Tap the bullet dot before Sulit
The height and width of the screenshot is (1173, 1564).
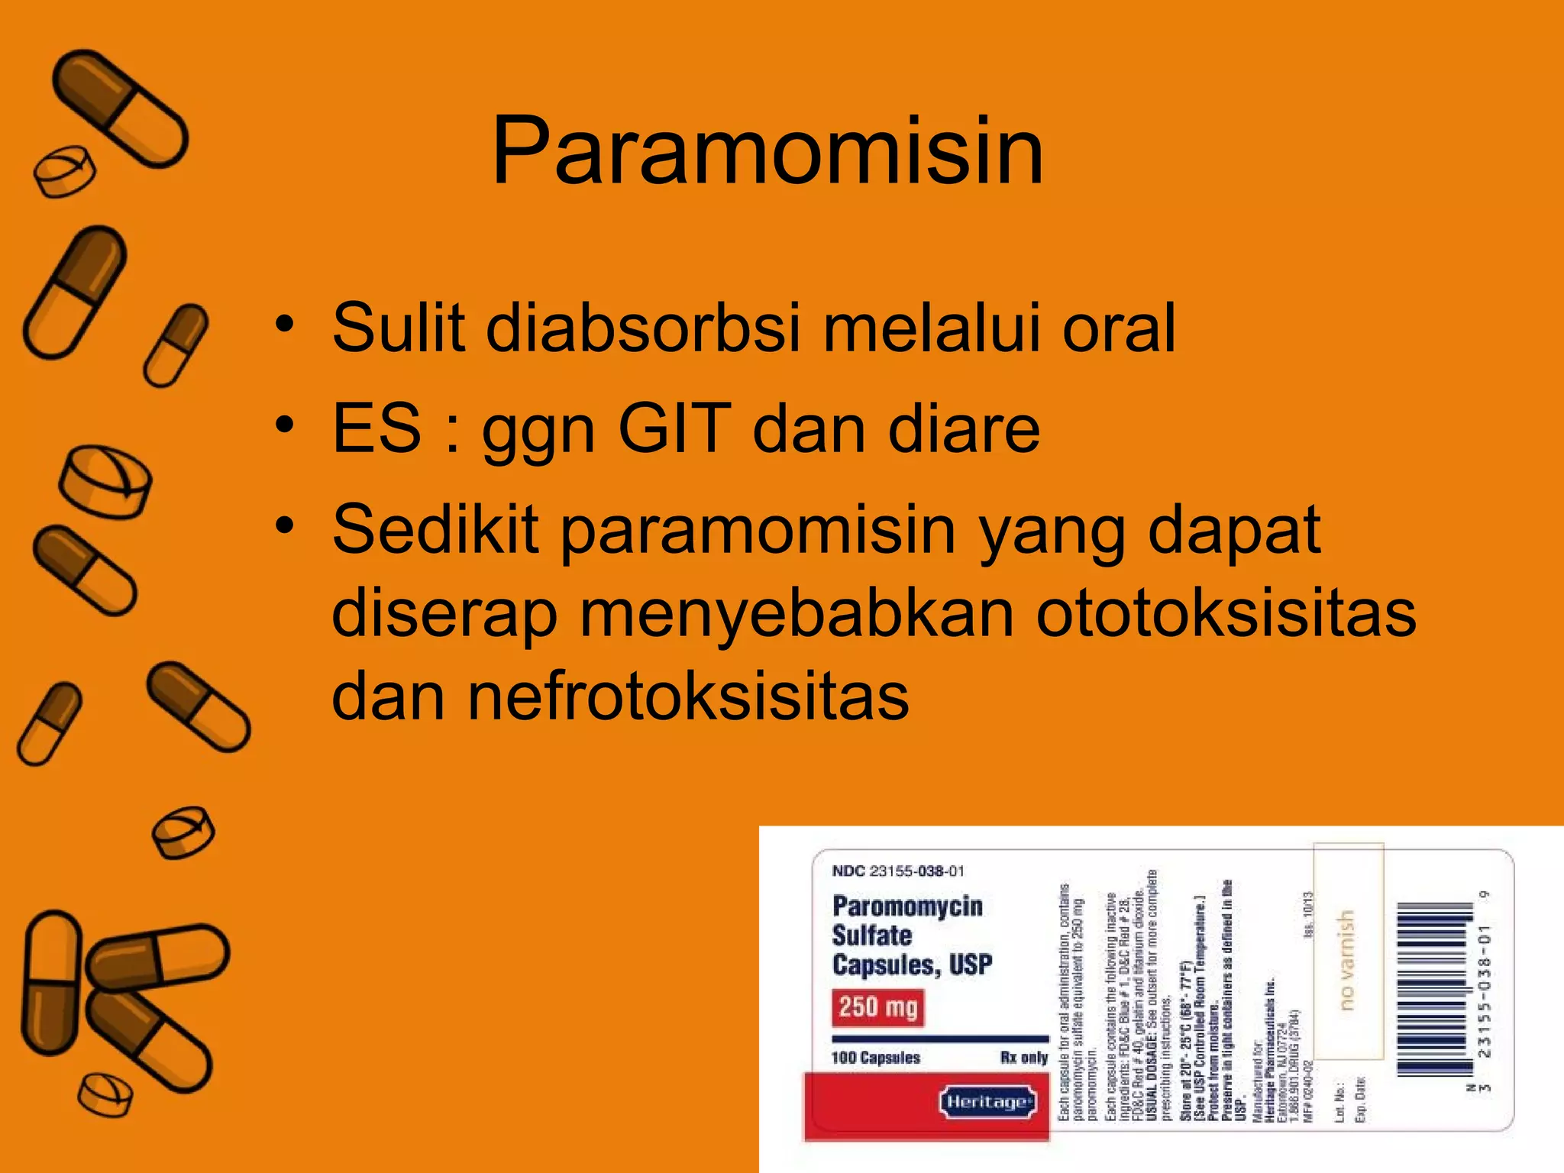285,324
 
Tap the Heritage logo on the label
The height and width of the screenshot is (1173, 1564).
987,1102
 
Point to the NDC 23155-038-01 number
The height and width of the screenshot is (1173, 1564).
898,871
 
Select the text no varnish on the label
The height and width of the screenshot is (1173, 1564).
1347,959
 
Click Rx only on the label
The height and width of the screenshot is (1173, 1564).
1023,1058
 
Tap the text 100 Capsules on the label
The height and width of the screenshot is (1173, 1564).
876,1058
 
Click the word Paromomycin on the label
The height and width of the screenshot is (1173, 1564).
907,906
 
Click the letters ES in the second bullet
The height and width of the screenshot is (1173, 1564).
376,428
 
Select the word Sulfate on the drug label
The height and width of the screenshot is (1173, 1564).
871,935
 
